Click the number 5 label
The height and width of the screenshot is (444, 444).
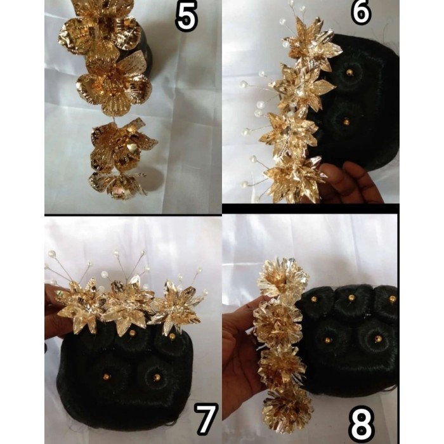[186, 17]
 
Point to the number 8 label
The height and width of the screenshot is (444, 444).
[362, 421]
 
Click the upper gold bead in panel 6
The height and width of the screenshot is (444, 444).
[349, 74]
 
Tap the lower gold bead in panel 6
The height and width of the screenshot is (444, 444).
[346, 120]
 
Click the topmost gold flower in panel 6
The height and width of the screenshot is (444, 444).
[310, 48]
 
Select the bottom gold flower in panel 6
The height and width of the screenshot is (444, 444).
[293, 178]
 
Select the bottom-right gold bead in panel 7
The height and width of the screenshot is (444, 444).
[157, 377]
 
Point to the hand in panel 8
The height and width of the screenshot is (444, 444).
[241, 355]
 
